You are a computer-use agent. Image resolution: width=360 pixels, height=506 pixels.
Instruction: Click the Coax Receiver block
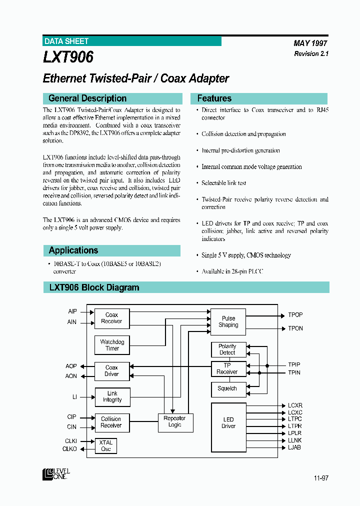(x=112, y=318)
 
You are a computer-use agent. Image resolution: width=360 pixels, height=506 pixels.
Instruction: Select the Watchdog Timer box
(x=112, y=345)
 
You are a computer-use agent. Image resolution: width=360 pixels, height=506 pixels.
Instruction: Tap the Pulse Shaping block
(x=228, y=321)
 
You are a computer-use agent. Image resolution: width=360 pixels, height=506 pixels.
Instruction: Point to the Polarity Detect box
(x=227, y=349)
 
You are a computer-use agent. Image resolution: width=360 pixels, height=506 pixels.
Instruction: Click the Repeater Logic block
(x=175, y=421)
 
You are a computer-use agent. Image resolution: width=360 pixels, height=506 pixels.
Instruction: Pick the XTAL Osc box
(x=106, y=445)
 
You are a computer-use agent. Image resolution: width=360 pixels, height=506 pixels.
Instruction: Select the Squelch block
(x=227, y=388)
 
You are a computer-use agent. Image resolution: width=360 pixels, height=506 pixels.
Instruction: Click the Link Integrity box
(x=112, y=396)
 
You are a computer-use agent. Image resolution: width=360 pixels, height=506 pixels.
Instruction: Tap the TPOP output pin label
(x=295, y=315)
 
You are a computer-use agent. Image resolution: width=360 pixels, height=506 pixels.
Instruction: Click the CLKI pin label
(x=71, y=441)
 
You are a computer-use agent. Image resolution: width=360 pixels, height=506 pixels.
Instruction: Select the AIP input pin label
(x=72, y=311)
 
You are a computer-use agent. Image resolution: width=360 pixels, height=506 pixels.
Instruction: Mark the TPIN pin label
(x=294, y=372)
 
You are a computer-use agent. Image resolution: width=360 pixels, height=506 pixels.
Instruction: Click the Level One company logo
(x=56, y=473)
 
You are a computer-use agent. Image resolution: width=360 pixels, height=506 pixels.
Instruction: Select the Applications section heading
(x=73, y=250)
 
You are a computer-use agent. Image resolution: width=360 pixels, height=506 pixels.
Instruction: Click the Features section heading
(x=214, y=98)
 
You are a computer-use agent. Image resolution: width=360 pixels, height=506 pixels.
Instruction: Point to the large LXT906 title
(x=68, y=57)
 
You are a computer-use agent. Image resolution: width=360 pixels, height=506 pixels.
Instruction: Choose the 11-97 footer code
(x=321, y=478)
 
